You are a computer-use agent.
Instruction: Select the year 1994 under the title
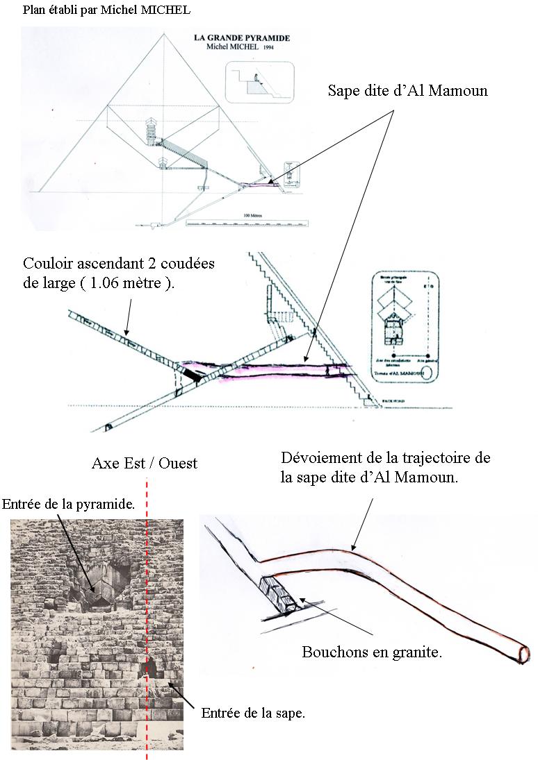point(266,48)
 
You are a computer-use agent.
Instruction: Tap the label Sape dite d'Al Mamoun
point(408,91)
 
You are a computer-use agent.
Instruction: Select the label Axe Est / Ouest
point(144,463)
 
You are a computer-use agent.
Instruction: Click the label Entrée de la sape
point(253,713)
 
